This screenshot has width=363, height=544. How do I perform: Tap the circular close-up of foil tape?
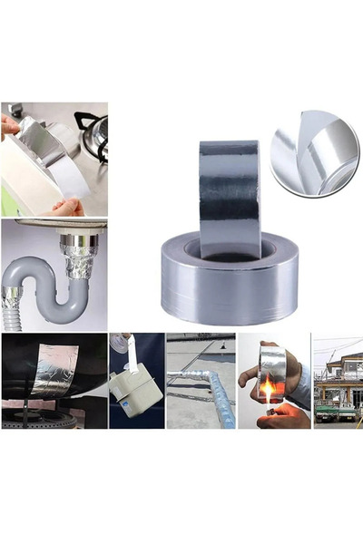[x=313, y=152]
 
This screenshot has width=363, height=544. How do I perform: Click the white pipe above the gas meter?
[x=128, y=349]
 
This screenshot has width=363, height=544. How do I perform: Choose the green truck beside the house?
[x=332, y=412]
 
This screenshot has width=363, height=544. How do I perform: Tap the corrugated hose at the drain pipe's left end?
[x=11, y=308]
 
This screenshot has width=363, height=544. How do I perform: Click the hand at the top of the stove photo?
[x=11, y=126]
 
